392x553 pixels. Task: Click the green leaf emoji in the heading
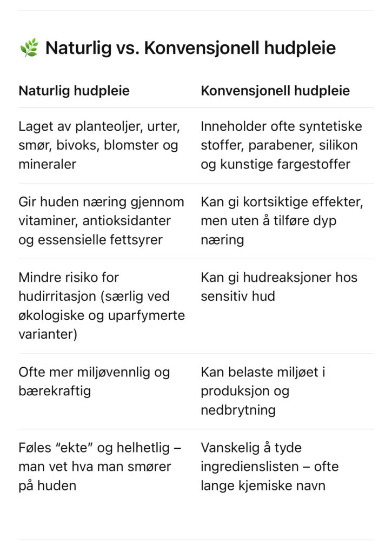pyautogui.click(x=29, y=48)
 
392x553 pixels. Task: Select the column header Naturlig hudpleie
pyautogui.click(x=74, y=91)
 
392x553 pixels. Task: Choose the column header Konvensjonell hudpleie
pyautogui.click(x=275, y=91)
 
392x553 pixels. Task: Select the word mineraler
pyautogui.click(x=48, y=164)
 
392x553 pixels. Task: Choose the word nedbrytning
pyautogui.click(x=238, y=410)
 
